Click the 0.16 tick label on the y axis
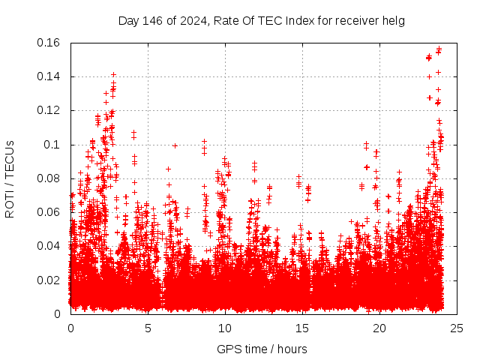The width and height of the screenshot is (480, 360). [50, 43]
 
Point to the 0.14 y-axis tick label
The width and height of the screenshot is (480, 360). [50, 76]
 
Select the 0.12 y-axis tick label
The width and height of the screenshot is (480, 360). [50, 110]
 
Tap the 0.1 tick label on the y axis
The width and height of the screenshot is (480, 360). [53, 145]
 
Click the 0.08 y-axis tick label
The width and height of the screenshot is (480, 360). [50, 178]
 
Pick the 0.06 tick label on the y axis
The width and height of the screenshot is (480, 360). [50, 212]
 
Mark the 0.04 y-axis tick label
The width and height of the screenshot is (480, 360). [50, 246]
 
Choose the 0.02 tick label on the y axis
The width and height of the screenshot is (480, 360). [50, 280]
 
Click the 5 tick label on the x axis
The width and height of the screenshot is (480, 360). [148, 328]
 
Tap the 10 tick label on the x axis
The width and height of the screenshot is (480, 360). [225, 328]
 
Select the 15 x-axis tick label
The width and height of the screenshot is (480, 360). [302, 328]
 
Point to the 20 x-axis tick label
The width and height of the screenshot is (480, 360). [379, 328]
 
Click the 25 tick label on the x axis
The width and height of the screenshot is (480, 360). [457, 328]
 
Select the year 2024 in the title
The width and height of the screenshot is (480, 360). [189, 20]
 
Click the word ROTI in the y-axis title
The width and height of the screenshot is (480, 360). [10, 204]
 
